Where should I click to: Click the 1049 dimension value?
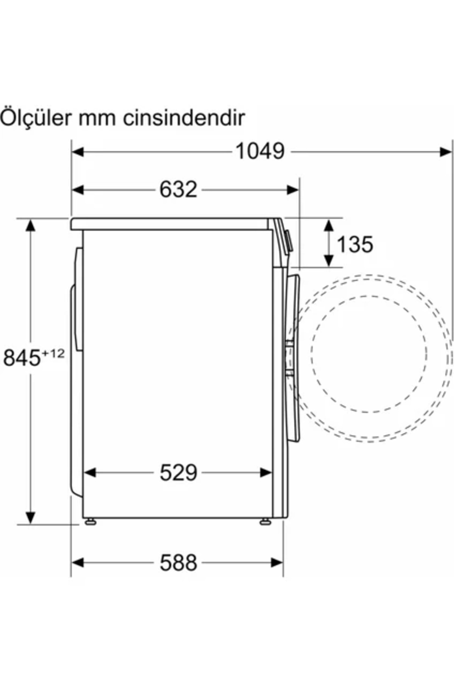(260, 151)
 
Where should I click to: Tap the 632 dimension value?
(178, 189)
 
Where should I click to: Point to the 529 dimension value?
(178, 472)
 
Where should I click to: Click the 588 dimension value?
(178, 563)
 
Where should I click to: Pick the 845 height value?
(22, 358)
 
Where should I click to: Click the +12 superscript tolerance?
(53, 354)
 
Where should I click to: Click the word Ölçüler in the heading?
(36, 118)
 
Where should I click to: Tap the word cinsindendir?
(183, 118)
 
